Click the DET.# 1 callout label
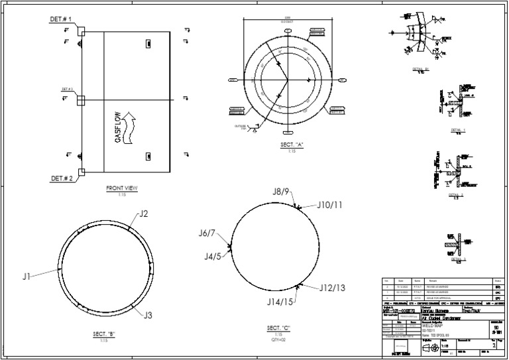pyautogui.click(x=61, y=19)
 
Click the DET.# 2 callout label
pyautogui.click(x=61, y=179)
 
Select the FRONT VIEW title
pyautogui.click(x=122, y=189)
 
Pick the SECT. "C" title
pyautogui.click(x=279, y=328)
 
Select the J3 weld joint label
pyautogui.click(x=148, y=315)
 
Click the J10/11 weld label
pyautogui.click(x=329, y=205)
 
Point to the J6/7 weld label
pyautogui.click(x=207, y=233)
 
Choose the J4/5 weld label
pyautogui.click(x=212, y=256)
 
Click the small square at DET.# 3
pyautogui.click(x=81, y=100)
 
